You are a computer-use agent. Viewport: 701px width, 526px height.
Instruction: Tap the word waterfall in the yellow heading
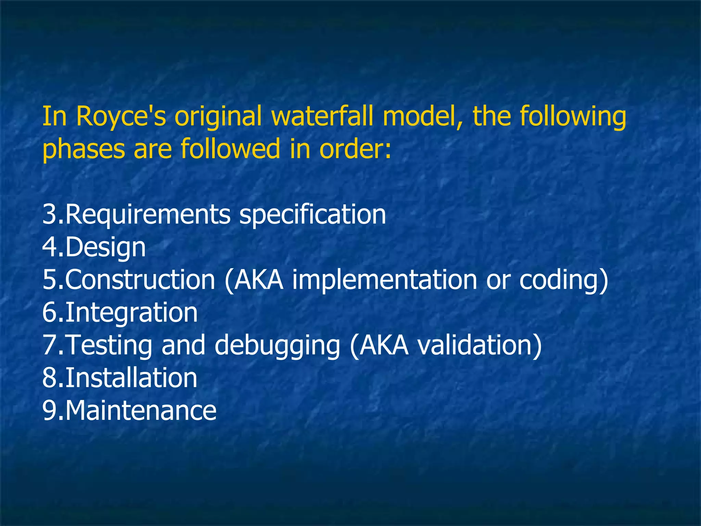pyautogui.click(x=326, y=116)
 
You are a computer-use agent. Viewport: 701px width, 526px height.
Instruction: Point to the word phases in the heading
pyautogui.click(x=84, y=149)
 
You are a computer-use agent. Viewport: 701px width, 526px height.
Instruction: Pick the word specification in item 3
pyautogui.click(x=313, y=215)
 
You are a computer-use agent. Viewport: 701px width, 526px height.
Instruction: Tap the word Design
pyautogui.click(x=105, y=248)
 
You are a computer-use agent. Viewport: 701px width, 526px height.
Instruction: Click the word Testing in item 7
pyautogui.click(x=109, y=345)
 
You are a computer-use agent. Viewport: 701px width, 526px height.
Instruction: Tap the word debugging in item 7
pyautogui.click(x=277, y=345)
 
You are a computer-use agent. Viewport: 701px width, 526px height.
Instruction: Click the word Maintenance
pyautogui.click(x=141, y=411)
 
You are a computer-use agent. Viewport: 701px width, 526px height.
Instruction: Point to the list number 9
pyautogui.click(x=49, y=411)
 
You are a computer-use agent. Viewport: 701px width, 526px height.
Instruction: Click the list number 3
pyautogui.click(x=49, y=215)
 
